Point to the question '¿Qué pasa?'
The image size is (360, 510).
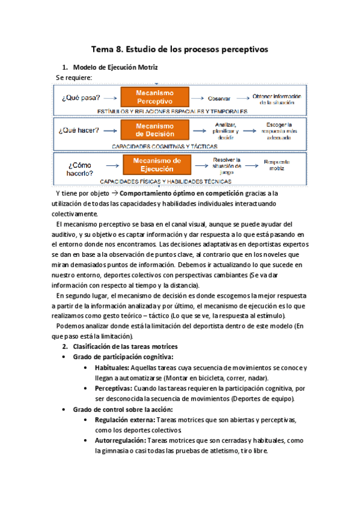tap(79, 97)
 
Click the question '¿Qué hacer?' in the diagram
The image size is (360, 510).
tap(79, 130)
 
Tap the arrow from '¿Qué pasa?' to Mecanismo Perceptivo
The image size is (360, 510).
tap(109, 97)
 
